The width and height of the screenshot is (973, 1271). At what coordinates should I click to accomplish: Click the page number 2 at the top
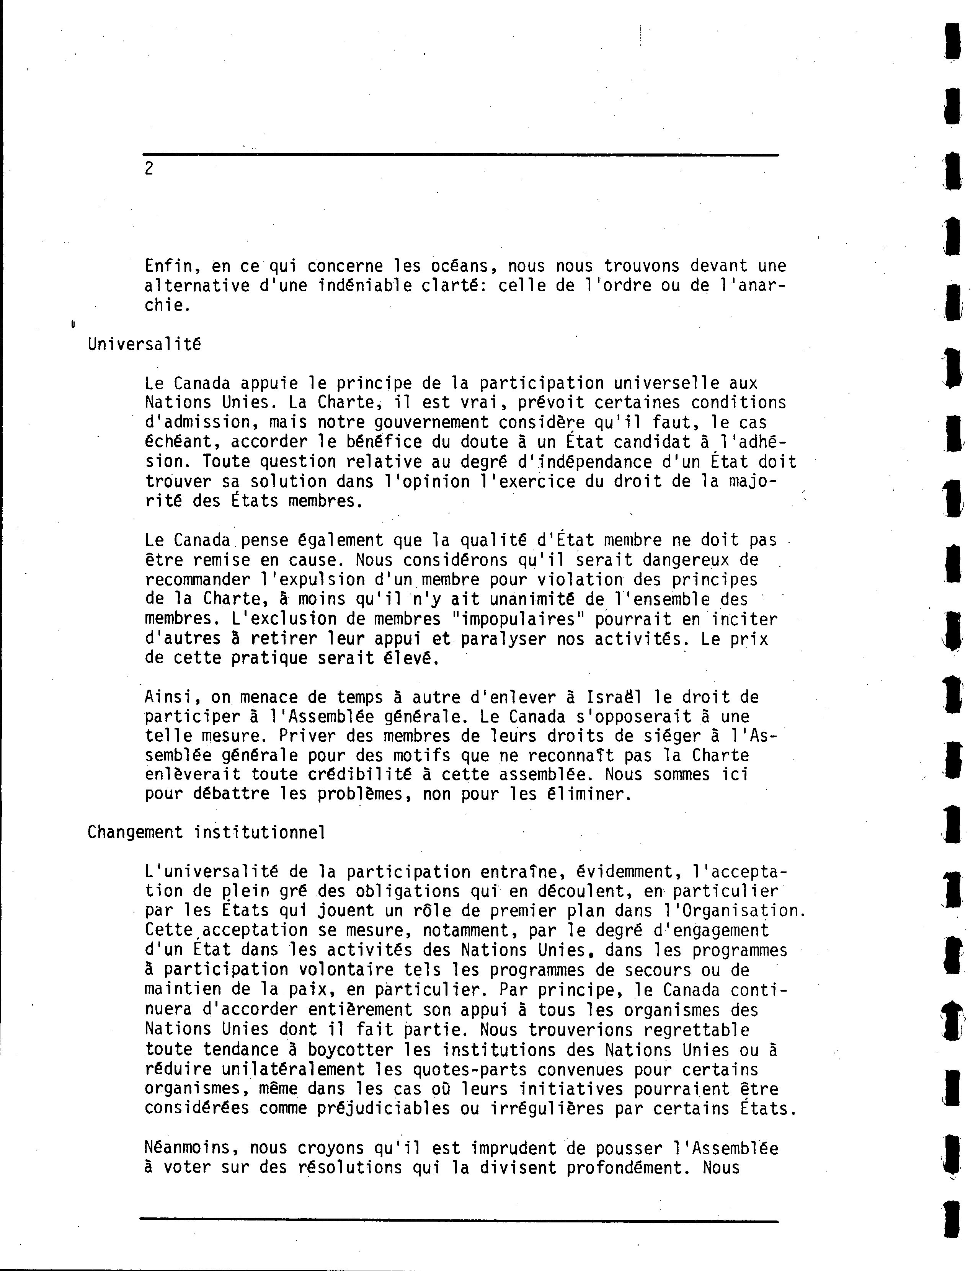click(x=149, y=169)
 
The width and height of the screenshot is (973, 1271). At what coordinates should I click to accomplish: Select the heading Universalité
click(x=144, y=344)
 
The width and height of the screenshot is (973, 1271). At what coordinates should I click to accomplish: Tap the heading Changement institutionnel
click(x=206, y=833)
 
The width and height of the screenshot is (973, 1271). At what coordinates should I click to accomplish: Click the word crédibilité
click(x=373, y=774)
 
